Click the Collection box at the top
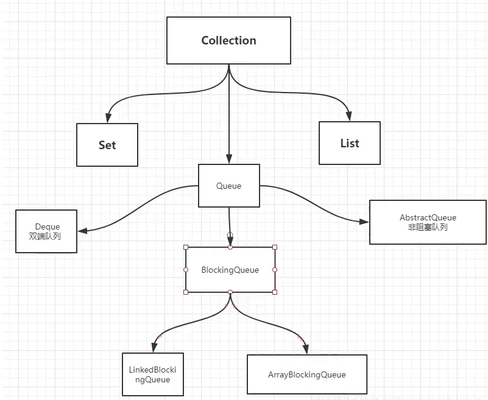(x=228, y=40)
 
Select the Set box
(x=107, y=145)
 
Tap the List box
(x=350, y=143)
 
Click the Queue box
(x=229, y=186)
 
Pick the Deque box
(x=46, y=231)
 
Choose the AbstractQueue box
(x=428, y=222)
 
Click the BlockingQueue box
(x=230, y=270)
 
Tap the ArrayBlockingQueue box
(x=307, y=374)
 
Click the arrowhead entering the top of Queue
(x=229, y=160)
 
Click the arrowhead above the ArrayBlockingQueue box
(x=306, y=349)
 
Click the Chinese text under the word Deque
(x=45, y=236)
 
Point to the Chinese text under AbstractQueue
(x=428, y=227)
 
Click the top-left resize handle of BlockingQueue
(x=186, y=247)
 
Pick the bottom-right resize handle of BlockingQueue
(x=275, y=292)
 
